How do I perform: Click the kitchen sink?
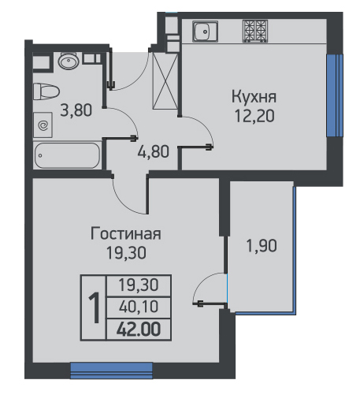pyautogui.click(x=206, y=32)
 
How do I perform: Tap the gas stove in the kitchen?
pyautogui.click(x=255, y=32)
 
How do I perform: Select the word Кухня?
pyautogui.click(x=254, y=97)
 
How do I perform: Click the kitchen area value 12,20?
pyautogui.click(x=254, y=116)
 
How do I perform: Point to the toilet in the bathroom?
pyautogui.click(x=46, y=91)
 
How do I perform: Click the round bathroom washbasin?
pyautogui.click(x=69, y=61)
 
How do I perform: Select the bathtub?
pyautogui.click(x=67, y=155)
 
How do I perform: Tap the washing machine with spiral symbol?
pyautogui.click(x=43, y=125)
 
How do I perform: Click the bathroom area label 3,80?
pyautogui.click(x=76, y=110)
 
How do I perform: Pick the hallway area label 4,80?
pyautogui.click(x=153, y=151)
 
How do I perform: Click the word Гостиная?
pyautogui.click(x=125, y=233)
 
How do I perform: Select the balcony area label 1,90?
pyautogui.click(x=262, y=246)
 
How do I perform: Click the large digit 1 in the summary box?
pyautogui.click(x=94, y=307)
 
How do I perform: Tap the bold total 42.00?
pyautogui.click(x=139, y=330)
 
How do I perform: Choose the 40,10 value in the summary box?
pyautogui.click(x=139, y=307)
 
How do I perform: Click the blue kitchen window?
pyautogui.click(x=335, y=95)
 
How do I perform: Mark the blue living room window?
pyautogui.click(x=112, y=371)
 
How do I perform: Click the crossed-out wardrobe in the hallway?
pyautogui.click(x=165, y=80)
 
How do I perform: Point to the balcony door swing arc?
pyautogui.click(x=206, y=284)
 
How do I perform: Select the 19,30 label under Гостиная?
pyautogui.click(x=126, y=253)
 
